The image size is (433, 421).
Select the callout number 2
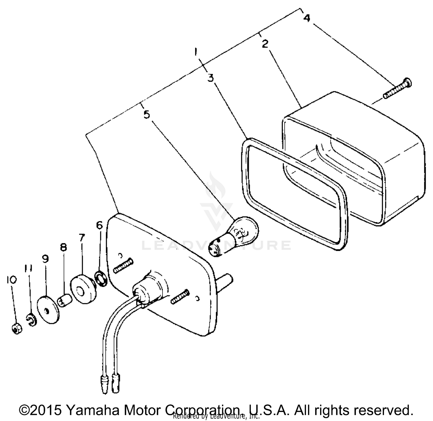pos(265,44)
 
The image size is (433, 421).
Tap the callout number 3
pos(211,78)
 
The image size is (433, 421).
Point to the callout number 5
pos(147,115)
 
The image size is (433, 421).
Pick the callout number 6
pos(99,225)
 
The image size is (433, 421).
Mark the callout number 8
pos(63,247)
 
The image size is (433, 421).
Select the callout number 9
pos(45,259)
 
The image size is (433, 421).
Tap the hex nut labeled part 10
pos(17,328)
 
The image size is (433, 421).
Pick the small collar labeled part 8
pos(64,301)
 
